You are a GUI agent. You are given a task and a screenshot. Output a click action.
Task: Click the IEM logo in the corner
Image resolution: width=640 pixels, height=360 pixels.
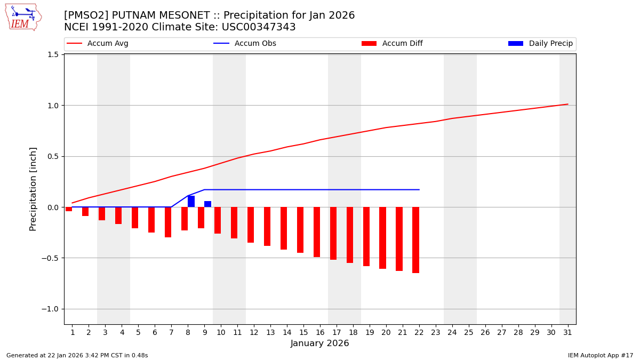pos(23,17)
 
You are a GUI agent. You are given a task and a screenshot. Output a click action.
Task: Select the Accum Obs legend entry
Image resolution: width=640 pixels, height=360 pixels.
pos(245,44)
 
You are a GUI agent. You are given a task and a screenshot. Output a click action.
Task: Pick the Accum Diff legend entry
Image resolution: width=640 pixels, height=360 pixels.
pos(392,44)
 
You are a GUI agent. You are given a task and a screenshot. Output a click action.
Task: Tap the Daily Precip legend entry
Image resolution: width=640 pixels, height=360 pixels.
pos(540,44)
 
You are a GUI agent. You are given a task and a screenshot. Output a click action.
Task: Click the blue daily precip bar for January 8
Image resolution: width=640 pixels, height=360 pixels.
pos(191,202)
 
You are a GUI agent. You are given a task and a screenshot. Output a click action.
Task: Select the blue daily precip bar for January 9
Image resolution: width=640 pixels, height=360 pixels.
pos(207,204)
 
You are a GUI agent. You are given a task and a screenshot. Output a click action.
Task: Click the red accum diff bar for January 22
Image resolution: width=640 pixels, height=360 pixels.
pos(415,240)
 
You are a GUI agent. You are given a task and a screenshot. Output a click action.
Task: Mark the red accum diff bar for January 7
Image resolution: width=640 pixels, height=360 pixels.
pos(168,222)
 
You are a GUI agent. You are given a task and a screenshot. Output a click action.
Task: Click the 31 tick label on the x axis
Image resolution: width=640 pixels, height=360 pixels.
pos(567,332)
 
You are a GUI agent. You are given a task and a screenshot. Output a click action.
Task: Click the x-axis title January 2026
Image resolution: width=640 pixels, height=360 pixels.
pos(319,344)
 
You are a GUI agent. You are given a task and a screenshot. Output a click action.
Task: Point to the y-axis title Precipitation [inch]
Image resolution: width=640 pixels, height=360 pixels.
pos(33,189)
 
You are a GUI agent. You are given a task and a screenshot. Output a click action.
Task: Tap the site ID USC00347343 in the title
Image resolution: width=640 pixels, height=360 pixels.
pos(258,27)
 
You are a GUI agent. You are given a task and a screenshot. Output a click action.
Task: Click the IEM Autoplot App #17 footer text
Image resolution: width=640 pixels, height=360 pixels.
pos(601,355)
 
